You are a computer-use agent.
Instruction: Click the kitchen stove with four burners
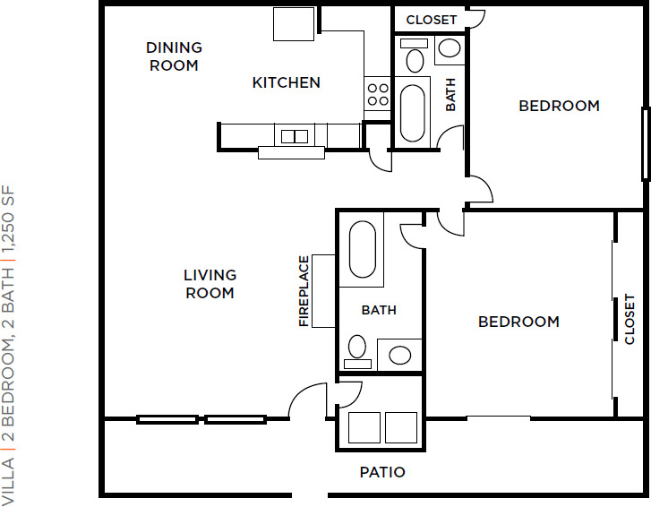click(378, 94)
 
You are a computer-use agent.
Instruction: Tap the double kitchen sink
click(295, 136)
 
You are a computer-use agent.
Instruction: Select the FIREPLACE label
click(304, 291)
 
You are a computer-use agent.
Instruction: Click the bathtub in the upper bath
click(412, 113)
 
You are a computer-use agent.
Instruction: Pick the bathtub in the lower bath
click(363, 249)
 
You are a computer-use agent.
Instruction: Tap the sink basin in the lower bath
click(400, 356)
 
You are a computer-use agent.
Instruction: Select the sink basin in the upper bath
click(450, 47)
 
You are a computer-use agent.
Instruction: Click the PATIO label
click(382, 472)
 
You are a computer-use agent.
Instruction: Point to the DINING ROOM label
click(174, 56)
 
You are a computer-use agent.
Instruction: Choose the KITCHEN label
click(287, 82)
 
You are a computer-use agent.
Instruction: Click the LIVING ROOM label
click(210, 284)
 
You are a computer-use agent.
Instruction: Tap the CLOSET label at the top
click(432, 20)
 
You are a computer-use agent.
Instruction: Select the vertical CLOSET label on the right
click(630, 319)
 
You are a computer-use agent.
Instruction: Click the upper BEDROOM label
click(560, 106)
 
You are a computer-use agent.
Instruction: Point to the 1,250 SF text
click(8, 219)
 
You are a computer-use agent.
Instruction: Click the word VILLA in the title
click(8, 481)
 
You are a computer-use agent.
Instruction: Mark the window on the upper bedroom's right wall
click(646, 143)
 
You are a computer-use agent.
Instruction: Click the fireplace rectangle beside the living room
click(324, 291)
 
